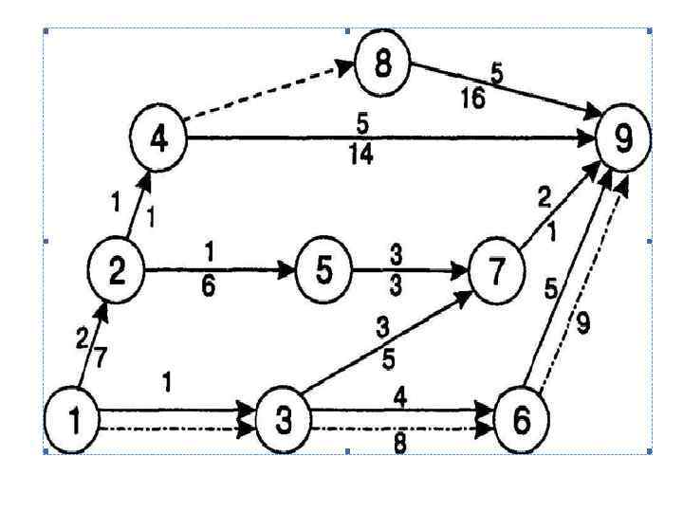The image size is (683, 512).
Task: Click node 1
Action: [x=73, y=419]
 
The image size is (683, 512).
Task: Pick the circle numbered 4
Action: [x=159, y=137]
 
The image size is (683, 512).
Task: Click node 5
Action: [x=324, y=270]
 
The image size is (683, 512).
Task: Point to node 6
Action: [x=521, y=418]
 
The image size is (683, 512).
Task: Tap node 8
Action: [x=382, y=65]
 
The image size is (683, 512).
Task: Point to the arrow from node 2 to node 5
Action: [x=218, y=270]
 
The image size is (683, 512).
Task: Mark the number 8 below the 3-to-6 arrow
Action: [x=400, y=443]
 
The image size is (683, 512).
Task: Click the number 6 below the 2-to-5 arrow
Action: [x=209, y=289]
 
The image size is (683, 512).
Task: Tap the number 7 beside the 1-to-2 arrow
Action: [x=100, y=357]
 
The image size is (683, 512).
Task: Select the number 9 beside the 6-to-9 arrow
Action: [x=583, y=324]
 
